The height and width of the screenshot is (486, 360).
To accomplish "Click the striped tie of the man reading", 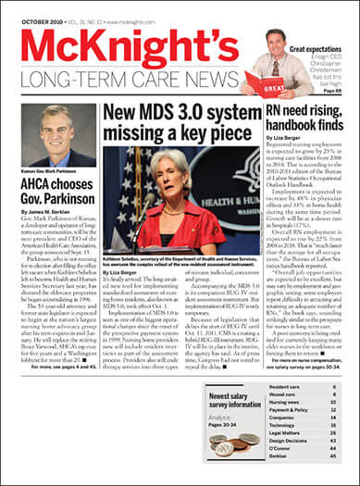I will (276, 66).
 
